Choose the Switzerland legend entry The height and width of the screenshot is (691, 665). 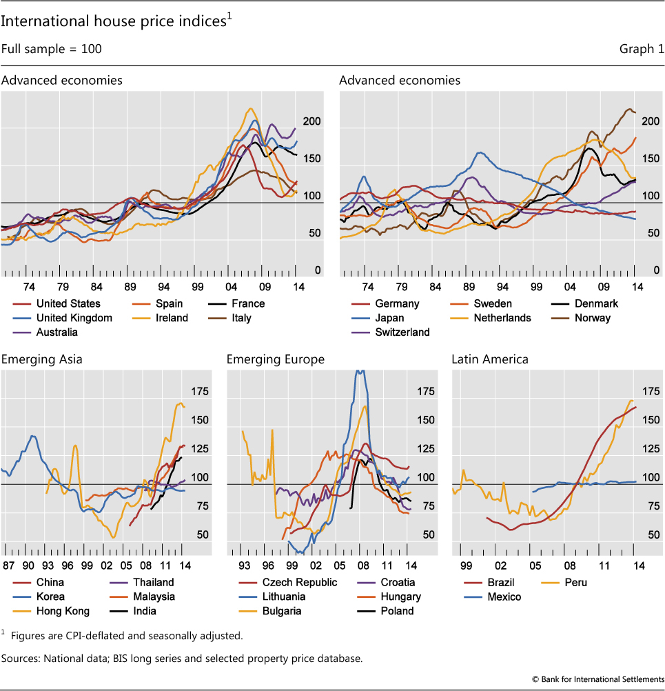click(402, 332)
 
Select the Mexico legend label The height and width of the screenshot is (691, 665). click(504, 597)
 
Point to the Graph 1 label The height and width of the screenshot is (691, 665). click(642, 49)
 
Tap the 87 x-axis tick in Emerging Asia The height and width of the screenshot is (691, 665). click(9, 565)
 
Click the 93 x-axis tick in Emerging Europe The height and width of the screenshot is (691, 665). click(243, 565)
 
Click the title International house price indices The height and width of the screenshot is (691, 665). click(112, 22)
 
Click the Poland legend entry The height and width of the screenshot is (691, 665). click(397, 610)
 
